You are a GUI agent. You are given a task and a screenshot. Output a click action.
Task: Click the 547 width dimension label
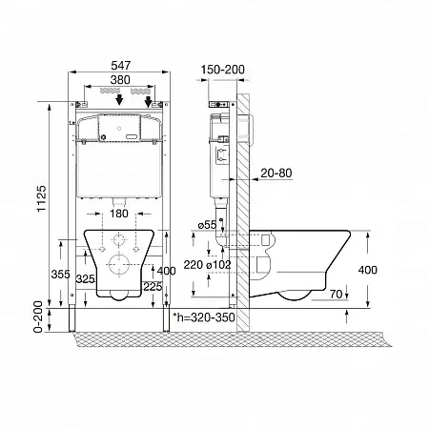click(121, 66)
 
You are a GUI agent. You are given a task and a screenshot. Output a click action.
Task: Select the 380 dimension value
click(120, 80)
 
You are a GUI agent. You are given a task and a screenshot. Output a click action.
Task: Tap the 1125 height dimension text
click(42, 199)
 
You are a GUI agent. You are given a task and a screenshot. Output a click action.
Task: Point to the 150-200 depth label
click(223, 70)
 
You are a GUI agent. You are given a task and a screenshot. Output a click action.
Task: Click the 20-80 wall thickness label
click(276, 174)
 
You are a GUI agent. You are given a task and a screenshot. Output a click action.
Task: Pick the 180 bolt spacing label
click(119, 214)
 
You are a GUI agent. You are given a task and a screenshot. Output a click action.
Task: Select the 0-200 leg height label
click(38, 317)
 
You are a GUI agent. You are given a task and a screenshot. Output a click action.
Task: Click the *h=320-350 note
click(204, 317)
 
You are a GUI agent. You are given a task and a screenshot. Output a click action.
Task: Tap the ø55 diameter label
click(207, 225)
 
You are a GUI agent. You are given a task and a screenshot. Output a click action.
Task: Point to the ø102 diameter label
click(218, 265)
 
